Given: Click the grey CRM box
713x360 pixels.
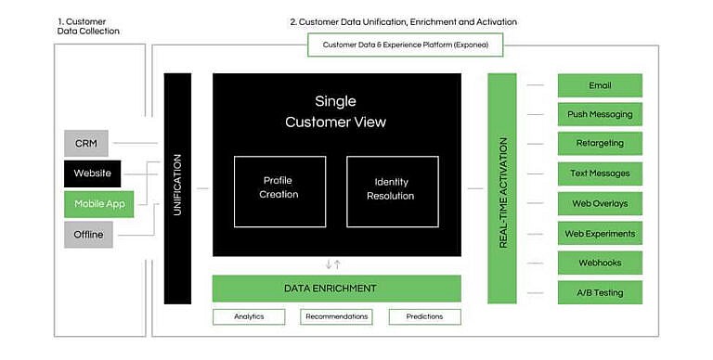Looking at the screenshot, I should click(x=86, y=144).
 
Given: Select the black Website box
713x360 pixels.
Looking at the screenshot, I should click(x=93, y=174).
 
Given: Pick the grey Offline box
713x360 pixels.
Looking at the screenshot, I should click(x=88, y=235).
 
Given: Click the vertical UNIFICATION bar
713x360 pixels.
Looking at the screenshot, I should click(x=177, y=188).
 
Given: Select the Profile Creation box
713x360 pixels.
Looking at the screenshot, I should click(x=279, y=191).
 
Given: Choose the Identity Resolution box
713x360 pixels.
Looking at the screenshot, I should click(x=392, y=191).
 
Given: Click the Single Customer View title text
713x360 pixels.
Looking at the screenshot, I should click(x=335, y=111).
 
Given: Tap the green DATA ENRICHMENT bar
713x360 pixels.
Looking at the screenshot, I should click(x=336, y=289).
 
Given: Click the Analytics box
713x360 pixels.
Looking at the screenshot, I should click(x=249, y=316).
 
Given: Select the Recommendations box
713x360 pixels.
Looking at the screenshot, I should click(x=336, y=316).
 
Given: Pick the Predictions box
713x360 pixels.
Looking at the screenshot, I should click(x=424, y=316).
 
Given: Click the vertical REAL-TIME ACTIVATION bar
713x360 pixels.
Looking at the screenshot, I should click(x=501, y=188).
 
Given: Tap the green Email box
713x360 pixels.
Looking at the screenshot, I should click(x=600, y=85).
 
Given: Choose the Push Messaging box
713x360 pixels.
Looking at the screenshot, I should click(x=600, y=115).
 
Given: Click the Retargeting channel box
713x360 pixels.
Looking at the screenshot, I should click(x=600, y=144).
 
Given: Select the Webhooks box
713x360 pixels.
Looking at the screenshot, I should click(x=600, y=263).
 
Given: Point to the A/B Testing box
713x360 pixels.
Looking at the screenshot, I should click(x=600, y=292).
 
